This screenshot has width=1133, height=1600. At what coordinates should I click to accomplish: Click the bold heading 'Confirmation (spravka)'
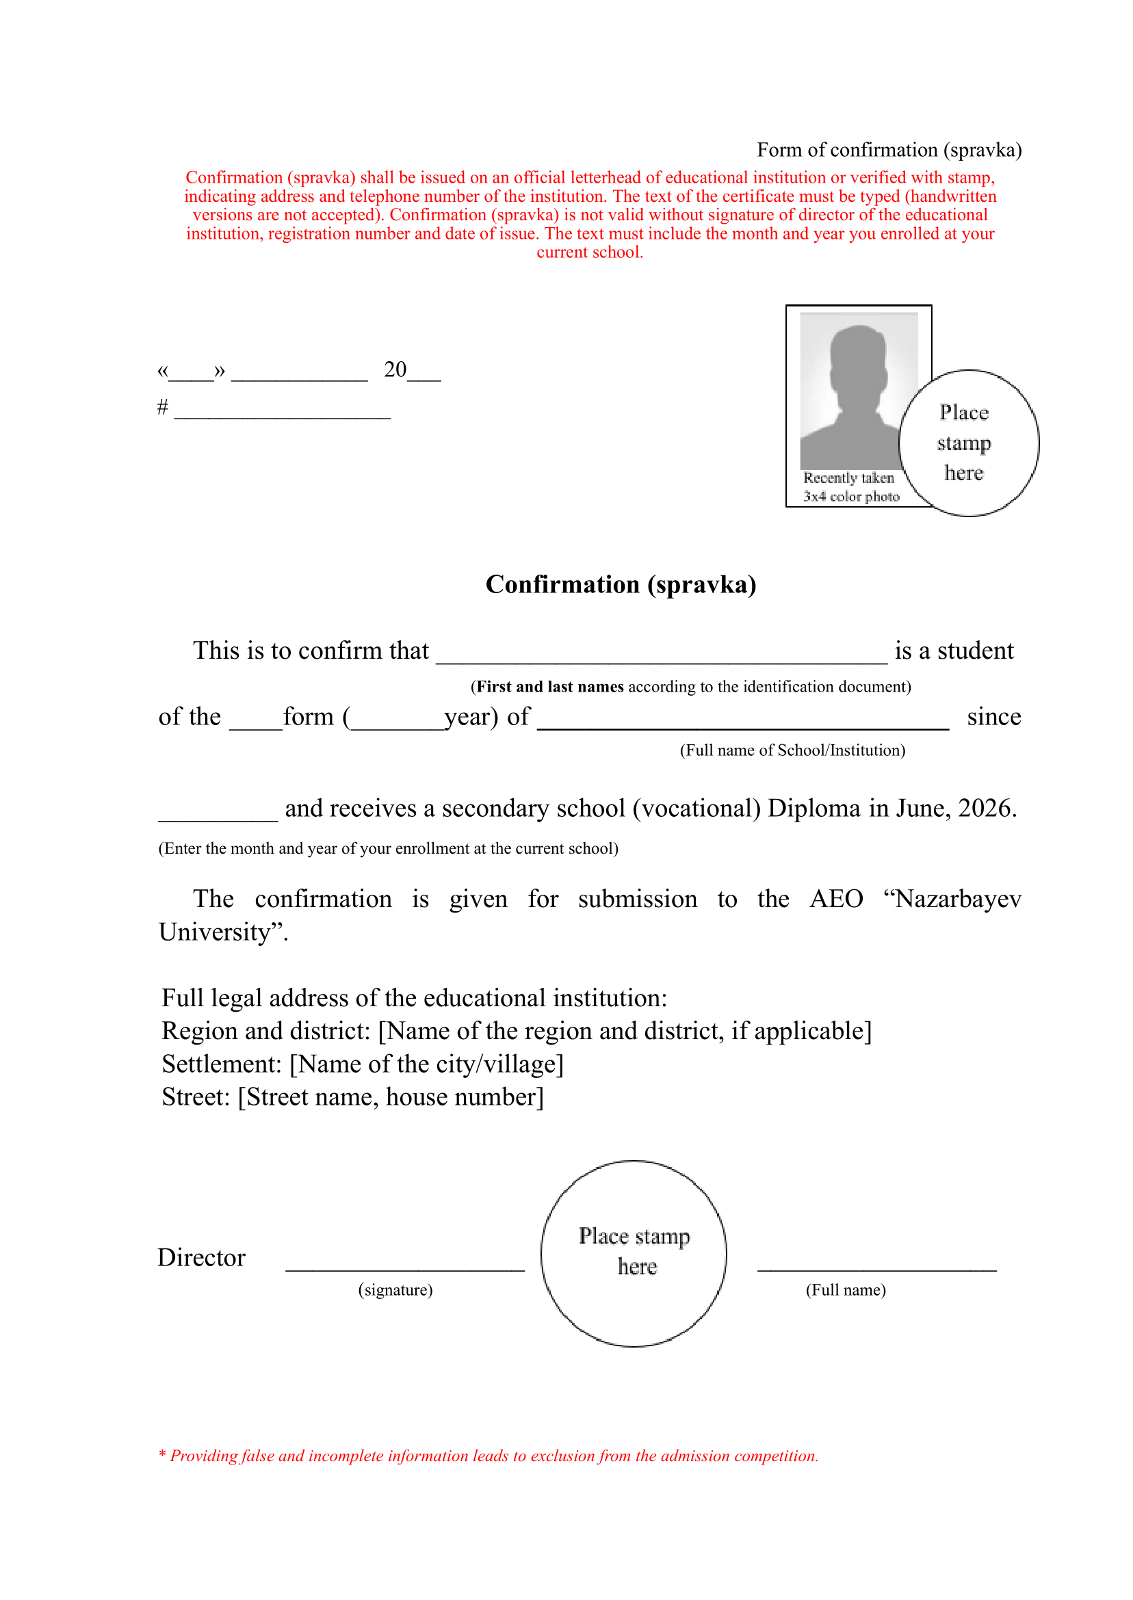[x=621, y=584]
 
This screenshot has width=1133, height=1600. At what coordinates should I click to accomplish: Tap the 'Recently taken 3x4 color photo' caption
[x=850, y=487]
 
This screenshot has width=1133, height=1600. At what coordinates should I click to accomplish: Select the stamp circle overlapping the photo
[x=968, y=443]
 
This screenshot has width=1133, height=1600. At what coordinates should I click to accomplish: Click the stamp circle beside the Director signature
[x=634, y=1253]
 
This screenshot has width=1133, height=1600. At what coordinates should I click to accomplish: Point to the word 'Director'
[x=202, y=1257]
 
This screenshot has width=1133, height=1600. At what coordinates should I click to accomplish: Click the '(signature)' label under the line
[x=395, y=1289]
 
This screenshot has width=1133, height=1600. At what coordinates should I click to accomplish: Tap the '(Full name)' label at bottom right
[x=846, y=1289]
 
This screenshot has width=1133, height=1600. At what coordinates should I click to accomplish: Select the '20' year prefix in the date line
[x=395, y=369]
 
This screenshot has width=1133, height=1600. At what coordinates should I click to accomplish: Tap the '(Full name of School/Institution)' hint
[x=792, y=750]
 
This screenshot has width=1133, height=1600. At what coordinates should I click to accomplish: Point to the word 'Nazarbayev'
[x=958, y=898]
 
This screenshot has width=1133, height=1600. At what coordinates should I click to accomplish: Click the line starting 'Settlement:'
[x=363, y=1064]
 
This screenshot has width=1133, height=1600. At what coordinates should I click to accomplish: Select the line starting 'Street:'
[x=352, y=1097]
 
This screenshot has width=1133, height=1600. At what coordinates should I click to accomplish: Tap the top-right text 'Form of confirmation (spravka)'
[x=889, y=150]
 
